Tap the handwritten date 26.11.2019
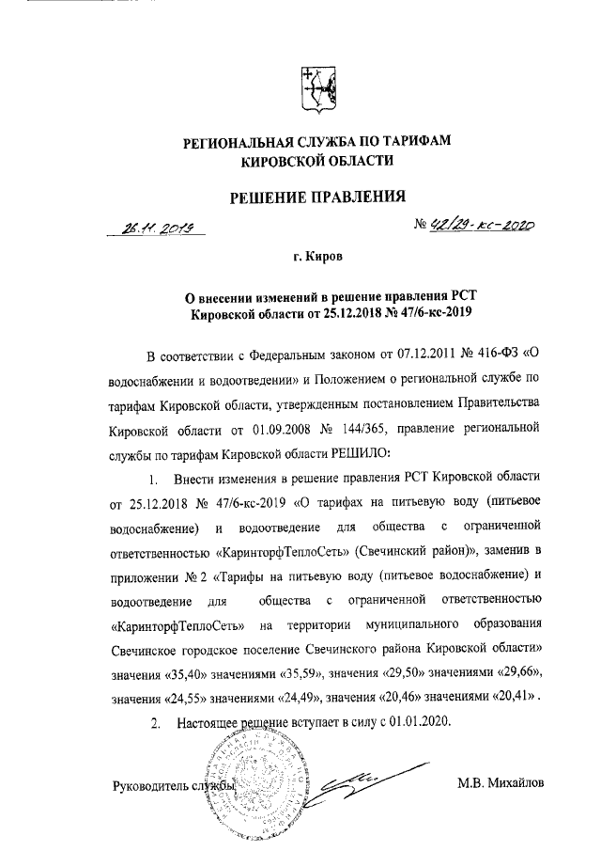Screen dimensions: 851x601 (158, 228)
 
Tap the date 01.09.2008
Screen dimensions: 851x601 (280, 431)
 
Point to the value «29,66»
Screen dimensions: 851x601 (520, 674)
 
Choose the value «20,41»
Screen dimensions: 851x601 (503, 699)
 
